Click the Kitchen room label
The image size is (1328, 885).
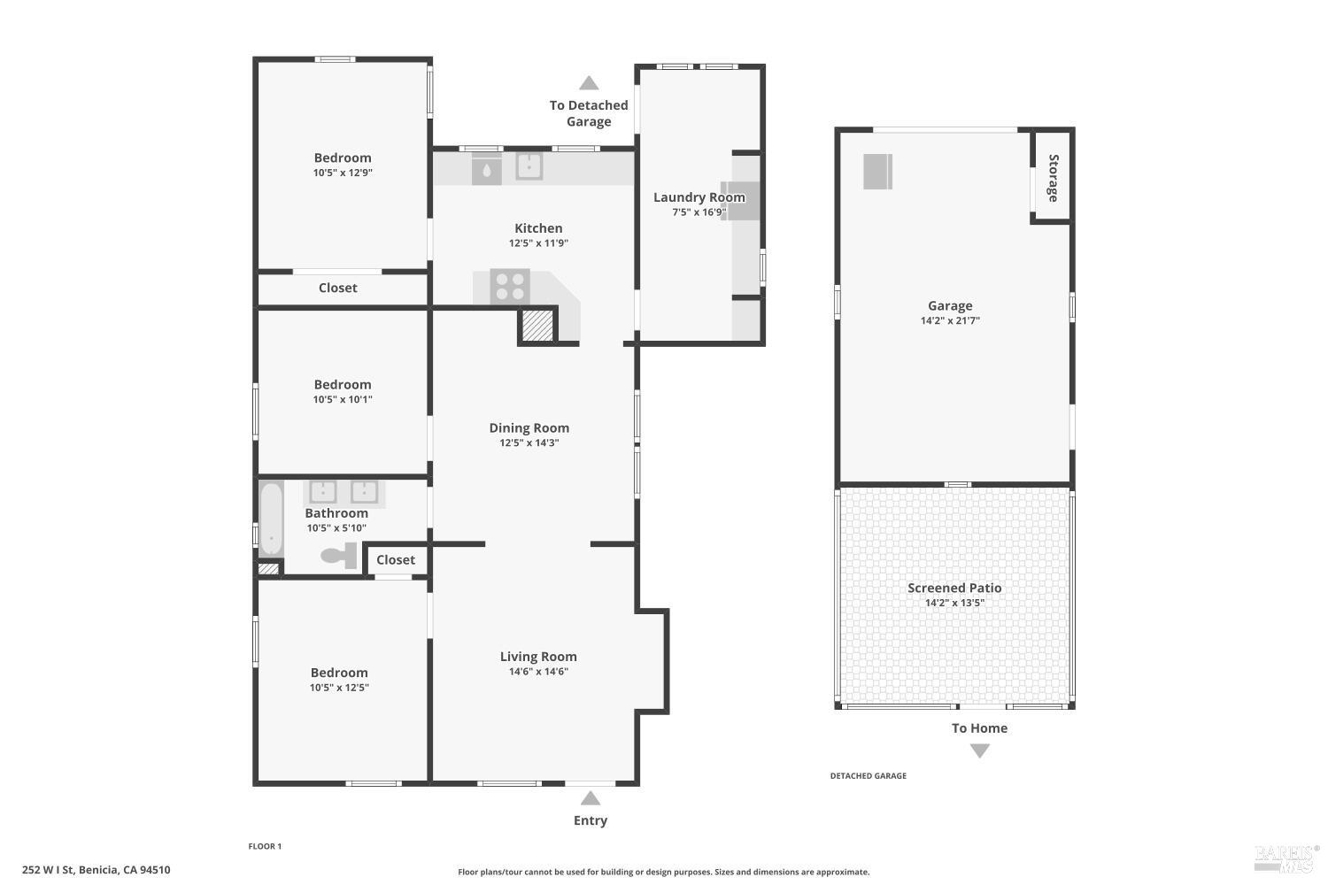[x=538, y=228]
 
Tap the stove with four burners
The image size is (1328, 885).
[x=510, y=287]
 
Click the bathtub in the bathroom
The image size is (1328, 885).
[x=271, y=519]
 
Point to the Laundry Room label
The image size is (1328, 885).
[x=699, y=197]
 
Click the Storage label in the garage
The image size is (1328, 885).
[x=1053, y=178]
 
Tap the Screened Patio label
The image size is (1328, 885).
[x=954, y=588]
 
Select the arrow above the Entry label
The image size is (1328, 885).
[x=591, y=798]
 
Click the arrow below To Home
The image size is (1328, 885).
[x=979, y=750]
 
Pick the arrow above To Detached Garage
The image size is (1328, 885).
[x=589, y=83]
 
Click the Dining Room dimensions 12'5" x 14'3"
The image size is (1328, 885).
[x=529, y=442]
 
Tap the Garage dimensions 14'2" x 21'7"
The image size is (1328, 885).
[x=950, y=320]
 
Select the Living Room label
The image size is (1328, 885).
[x=538, y=657]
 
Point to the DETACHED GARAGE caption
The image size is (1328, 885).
[x=868, y=776]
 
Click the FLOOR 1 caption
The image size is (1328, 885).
[x=265, y=846]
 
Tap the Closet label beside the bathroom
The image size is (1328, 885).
[x=395, y=559]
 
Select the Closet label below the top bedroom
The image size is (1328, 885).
[x=337, y=288]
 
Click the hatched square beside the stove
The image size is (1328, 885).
[x=537, y=325]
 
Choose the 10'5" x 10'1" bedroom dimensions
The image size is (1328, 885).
[x=343, y=399]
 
